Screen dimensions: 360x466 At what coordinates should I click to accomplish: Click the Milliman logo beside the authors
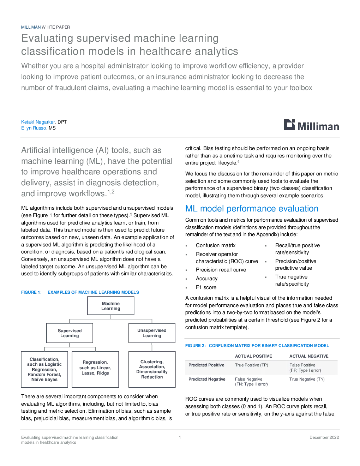(311, 125)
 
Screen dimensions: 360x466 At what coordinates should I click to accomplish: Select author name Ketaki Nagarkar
(38, 122)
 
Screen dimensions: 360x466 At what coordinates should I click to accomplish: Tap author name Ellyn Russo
(34, 128)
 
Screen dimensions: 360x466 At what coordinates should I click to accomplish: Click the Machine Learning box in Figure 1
(110, 306)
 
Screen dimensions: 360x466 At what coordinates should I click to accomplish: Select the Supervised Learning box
(70, 333)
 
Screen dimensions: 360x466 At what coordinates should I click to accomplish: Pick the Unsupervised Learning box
(152, 333)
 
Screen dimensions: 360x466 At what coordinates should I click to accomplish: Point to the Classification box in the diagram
(44, 369)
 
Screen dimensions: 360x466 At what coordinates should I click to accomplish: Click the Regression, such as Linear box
(95, 369)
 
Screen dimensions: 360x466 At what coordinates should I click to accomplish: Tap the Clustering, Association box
(152, 369)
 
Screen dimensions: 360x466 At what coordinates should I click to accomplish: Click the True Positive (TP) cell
(252, 365)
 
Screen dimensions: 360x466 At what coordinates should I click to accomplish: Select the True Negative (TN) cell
(307, 379)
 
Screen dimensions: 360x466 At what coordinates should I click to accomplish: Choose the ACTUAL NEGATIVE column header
(309, 356)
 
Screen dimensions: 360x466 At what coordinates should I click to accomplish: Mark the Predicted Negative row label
(207, 379)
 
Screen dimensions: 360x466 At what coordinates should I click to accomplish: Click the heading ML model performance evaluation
(252, 208)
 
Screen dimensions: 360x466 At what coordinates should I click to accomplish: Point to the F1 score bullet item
(206, 287)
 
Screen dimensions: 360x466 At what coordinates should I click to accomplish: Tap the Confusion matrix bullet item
(216, 245)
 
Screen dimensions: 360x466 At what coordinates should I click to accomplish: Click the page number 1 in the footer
(180, 437)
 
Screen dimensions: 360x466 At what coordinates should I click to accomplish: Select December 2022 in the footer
(324, 437)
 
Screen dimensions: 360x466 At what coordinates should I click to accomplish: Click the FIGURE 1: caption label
(31, 292)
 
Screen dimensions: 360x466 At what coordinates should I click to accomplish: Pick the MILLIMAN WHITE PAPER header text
(46, 27)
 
